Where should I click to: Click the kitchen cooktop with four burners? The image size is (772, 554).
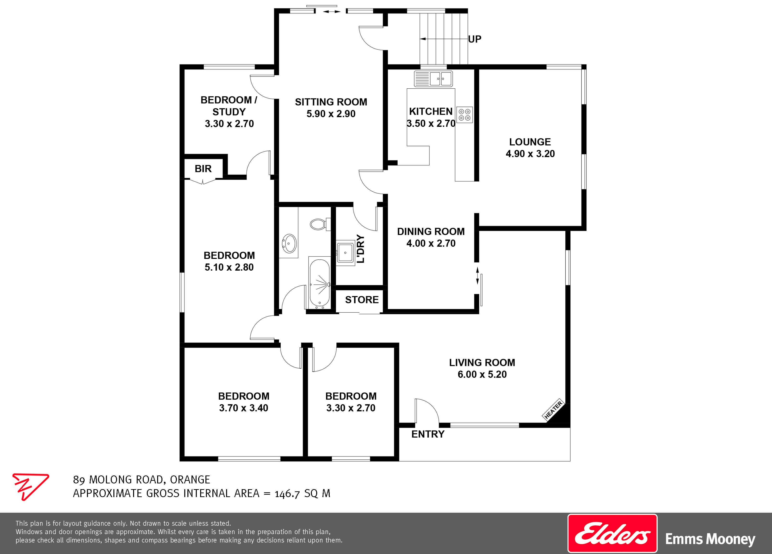(x=465, y=115)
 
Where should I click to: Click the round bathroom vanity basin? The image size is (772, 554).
(x=289, y=243)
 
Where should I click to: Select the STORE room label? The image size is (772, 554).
(x=362, y=300)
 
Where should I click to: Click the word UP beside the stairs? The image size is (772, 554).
(x=475, y=39)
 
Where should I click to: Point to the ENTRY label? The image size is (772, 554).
(x=428, y=434)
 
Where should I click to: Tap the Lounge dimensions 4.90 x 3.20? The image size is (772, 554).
(x=530, y=154)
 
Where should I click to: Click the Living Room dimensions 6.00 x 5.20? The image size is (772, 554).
(x=482, y=374)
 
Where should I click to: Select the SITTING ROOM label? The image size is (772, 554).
(x=331, y=102)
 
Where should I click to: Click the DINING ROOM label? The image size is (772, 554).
(x=431, y=231)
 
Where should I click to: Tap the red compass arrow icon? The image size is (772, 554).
(x=30, y=487)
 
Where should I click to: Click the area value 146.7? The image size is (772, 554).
(x=287, y=493)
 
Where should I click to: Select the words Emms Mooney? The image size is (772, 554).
(x=710, y=539)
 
